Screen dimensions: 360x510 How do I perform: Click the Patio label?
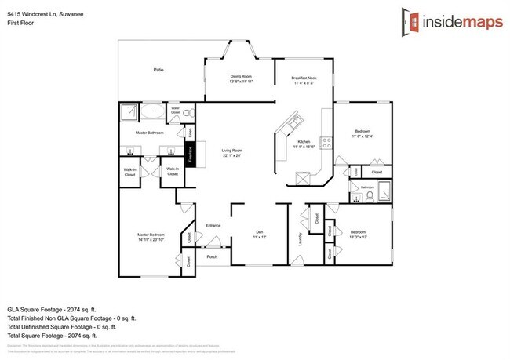[x=158, y=71]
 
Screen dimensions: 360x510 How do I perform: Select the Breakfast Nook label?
[x=303, y=78]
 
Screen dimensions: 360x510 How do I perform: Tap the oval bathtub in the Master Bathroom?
[x=155, y=113]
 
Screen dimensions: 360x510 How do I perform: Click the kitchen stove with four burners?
[x=326, y=143]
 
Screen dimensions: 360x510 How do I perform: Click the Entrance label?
[x=213, y=226]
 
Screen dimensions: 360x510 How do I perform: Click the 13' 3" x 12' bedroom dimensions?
[x=359, y=237]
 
